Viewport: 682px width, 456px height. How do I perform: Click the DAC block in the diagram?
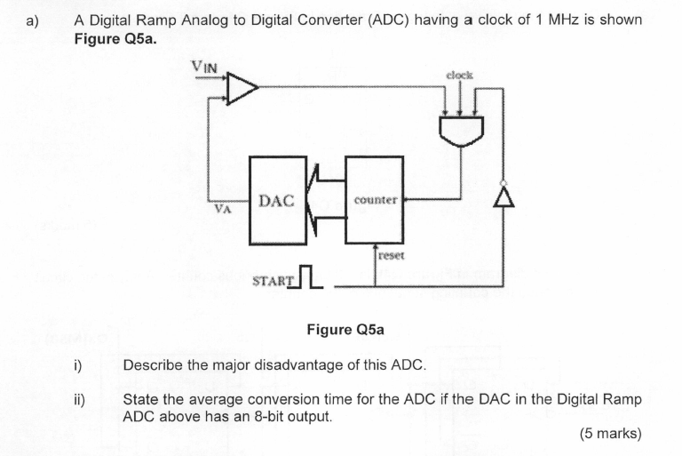coord(275,201)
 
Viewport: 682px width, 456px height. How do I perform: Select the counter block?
coord(374,200)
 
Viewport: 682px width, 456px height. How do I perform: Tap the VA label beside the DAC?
coord(223,211)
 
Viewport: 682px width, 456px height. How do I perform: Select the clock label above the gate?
coord(459,76)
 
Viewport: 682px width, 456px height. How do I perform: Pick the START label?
coord(272,282)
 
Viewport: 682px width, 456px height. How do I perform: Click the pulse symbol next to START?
coord(307,277)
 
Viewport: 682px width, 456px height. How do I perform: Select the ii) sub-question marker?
coord(78,399)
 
